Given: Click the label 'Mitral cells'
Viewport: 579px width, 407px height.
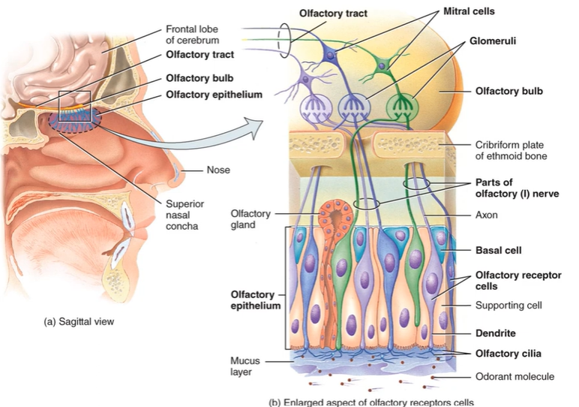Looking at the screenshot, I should coord(469,12).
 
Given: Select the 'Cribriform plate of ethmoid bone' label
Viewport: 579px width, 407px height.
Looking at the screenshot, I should coord(510,150).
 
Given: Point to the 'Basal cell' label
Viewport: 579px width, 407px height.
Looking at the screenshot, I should coord(498,249).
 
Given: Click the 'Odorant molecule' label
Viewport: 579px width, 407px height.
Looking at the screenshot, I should coord(514,377).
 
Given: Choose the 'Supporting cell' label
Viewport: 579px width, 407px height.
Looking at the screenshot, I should coord(508,305).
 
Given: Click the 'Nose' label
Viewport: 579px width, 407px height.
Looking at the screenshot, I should coord(218,170).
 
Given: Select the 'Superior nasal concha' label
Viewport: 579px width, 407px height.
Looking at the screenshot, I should coord(184,215).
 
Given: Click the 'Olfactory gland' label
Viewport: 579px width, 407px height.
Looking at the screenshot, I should coord(250,219).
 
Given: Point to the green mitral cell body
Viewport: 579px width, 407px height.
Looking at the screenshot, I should coord(384,68).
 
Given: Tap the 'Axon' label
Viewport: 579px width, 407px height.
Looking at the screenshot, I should coord(487,215).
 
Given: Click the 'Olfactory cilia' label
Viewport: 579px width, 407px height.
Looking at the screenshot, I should coord(508,354).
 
